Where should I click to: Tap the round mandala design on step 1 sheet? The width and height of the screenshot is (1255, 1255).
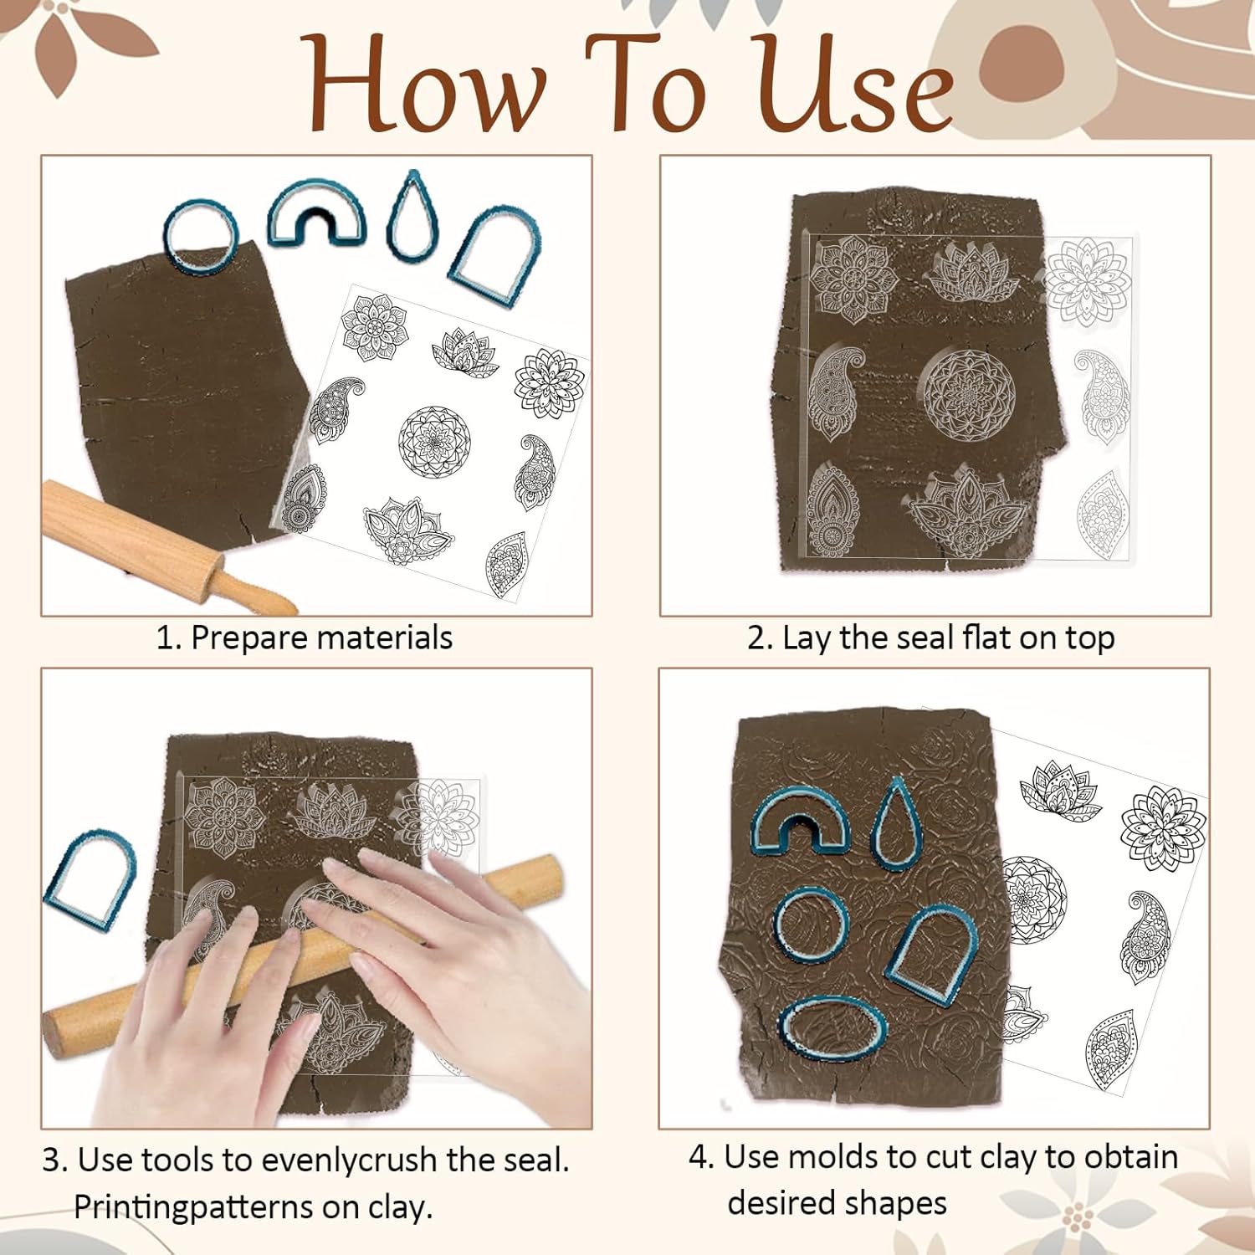434,442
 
